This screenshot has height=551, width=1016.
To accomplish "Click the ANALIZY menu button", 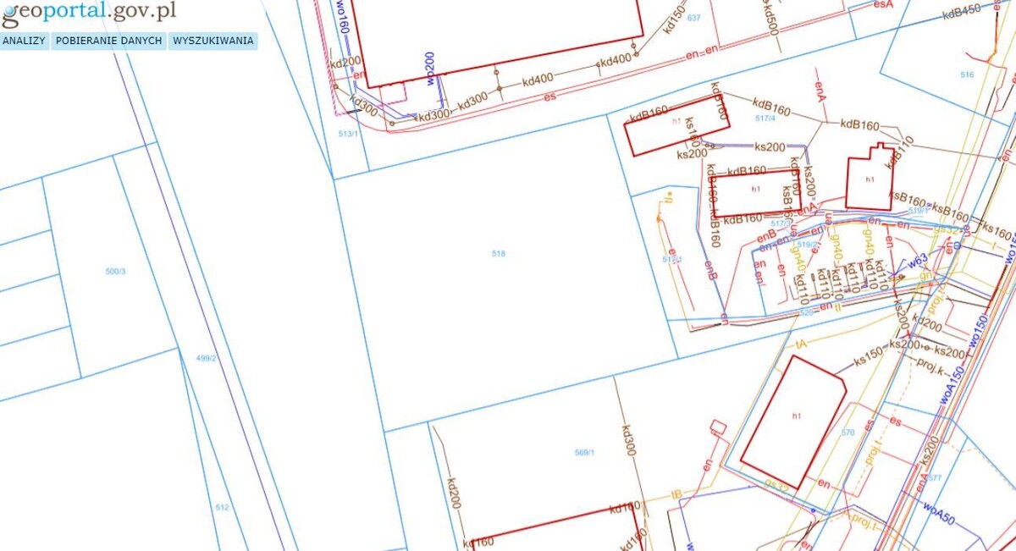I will point(24,41).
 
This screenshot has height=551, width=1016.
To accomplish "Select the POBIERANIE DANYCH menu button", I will point(109,41).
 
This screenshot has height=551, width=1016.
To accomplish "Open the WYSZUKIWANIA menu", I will point(213,41).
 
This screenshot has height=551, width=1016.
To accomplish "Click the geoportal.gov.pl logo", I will point(89,11).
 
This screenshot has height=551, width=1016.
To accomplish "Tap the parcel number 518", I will point(498,254).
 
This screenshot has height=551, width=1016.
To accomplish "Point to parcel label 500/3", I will point(115,271).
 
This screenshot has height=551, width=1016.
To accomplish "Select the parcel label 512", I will point(222,507).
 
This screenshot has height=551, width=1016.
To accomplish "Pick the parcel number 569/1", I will point(585,453).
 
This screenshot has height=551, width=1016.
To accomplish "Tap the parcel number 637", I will point(694,18).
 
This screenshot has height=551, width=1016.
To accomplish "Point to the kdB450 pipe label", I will point(961,10).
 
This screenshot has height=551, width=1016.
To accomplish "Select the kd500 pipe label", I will point(771,14).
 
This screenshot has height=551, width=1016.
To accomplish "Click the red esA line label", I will point(883,4).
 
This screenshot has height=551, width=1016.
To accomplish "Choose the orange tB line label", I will point(676,493).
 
